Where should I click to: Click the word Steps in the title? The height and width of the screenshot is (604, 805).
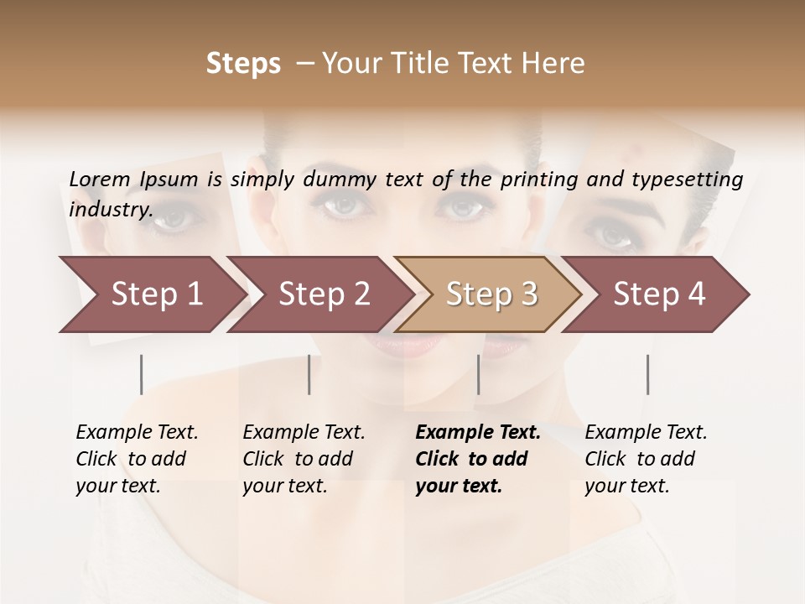point(243,64)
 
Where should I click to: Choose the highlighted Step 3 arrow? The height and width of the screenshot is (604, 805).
point(491,294)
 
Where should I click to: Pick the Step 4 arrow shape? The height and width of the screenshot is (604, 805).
point(659,294)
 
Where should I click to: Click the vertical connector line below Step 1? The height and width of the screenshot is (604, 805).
point(142,374)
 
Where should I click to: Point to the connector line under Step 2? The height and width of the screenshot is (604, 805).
point(309,374)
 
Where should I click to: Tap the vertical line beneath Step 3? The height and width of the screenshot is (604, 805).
point(478,374)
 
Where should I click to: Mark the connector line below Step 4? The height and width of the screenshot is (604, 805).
point(648,374)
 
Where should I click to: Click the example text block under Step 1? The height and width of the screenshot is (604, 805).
point(137,459)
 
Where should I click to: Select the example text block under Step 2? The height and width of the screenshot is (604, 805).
point(304,459)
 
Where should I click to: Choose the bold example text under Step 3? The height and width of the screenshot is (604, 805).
point(477,459)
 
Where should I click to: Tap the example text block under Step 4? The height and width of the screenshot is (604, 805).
point(646,459)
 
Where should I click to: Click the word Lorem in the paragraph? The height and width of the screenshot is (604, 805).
point(99,179)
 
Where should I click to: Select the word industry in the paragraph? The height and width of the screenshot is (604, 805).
point(110,209)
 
